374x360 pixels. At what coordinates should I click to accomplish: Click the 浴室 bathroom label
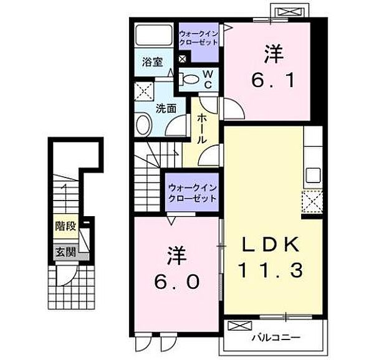point(153,62)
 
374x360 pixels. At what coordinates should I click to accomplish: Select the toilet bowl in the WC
point(189,79)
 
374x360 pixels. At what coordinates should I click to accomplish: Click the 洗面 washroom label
point(166,108)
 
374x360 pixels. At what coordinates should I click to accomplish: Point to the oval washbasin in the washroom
point(143,125)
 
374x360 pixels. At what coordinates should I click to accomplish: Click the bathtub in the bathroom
point(154,35)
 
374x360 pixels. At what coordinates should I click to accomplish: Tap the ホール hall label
point(202,128)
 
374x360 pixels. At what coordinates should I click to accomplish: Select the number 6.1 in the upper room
point(273,80)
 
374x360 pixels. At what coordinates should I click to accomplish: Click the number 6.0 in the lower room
point(176,282)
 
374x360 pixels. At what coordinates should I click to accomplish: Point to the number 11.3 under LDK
point(271,270)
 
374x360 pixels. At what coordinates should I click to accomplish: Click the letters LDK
point(271,245)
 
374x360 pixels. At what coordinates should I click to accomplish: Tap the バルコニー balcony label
point(276,337)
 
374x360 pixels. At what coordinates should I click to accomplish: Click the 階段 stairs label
point(65,226)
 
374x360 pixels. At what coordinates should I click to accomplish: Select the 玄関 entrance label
point(65,252)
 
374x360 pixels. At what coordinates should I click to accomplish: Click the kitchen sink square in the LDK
point(313,175)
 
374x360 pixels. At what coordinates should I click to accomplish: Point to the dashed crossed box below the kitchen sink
point(312,202)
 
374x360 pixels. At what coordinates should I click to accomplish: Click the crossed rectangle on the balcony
point(240,326)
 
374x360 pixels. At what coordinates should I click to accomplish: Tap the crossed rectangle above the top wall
point(289,12)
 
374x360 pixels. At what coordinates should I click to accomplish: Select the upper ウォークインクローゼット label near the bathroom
point(198,38)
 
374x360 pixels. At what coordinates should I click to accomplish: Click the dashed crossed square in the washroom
point(144,92)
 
